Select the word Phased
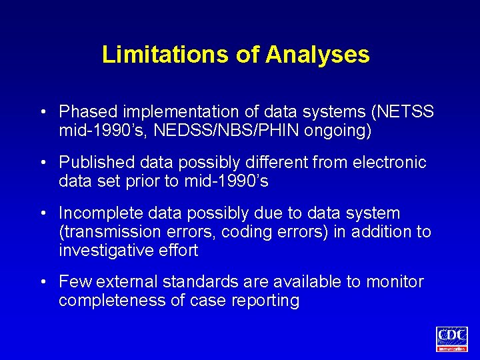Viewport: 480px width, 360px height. coord(87,111)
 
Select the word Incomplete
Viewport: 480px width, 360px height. coord(96,214)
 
